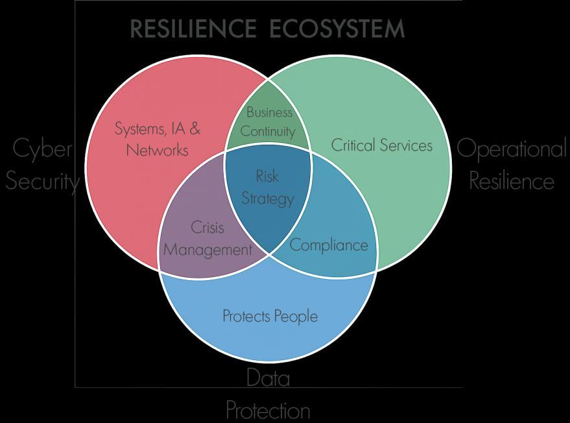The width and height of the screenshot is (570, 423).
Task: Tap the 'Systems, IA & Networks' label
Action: (x=158, y=139)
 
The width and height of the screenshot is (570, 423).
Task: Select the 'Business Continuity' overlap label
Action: (x=268, y=122)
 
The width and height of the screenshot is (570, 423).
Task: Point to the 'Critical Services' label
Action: (x=381, y=145)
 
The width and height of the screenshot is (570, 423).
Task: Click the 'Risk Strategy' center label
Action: (x=267, y=187)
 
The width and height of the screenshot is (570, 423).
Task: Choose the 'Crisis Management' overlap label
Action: (x=207, y=238)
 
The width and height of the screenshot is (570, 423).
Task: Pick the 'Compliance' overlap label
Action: (x=328, y=245)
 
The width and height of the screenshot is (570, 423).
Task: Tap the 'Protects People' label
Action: (x=270, y=316)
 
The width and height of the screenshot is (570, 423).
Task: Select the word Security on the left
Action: (x=42, y=181)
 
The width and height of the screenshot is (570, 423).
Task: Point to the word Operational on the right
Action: (x=511, y=149)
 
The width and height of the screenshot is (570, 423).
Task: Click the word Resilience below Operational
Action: (x=512, y=181)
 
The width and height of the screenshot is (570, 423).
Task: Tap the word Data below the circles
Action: (x=268, y=378)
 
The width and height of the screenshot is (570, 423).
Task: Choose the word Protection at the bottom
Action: (x=268, y=410)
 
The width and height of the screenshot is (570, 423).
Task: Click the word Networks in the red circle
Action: (x=158, y=151)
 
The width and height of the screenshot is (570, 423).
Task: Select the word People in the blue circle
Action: (x=295, y=316)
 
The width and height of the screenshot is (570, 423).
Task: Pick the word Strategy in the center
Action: (x=267, y=198)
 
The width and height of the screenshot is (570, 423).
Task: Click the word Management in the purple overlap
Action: (x=207, y=249)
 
